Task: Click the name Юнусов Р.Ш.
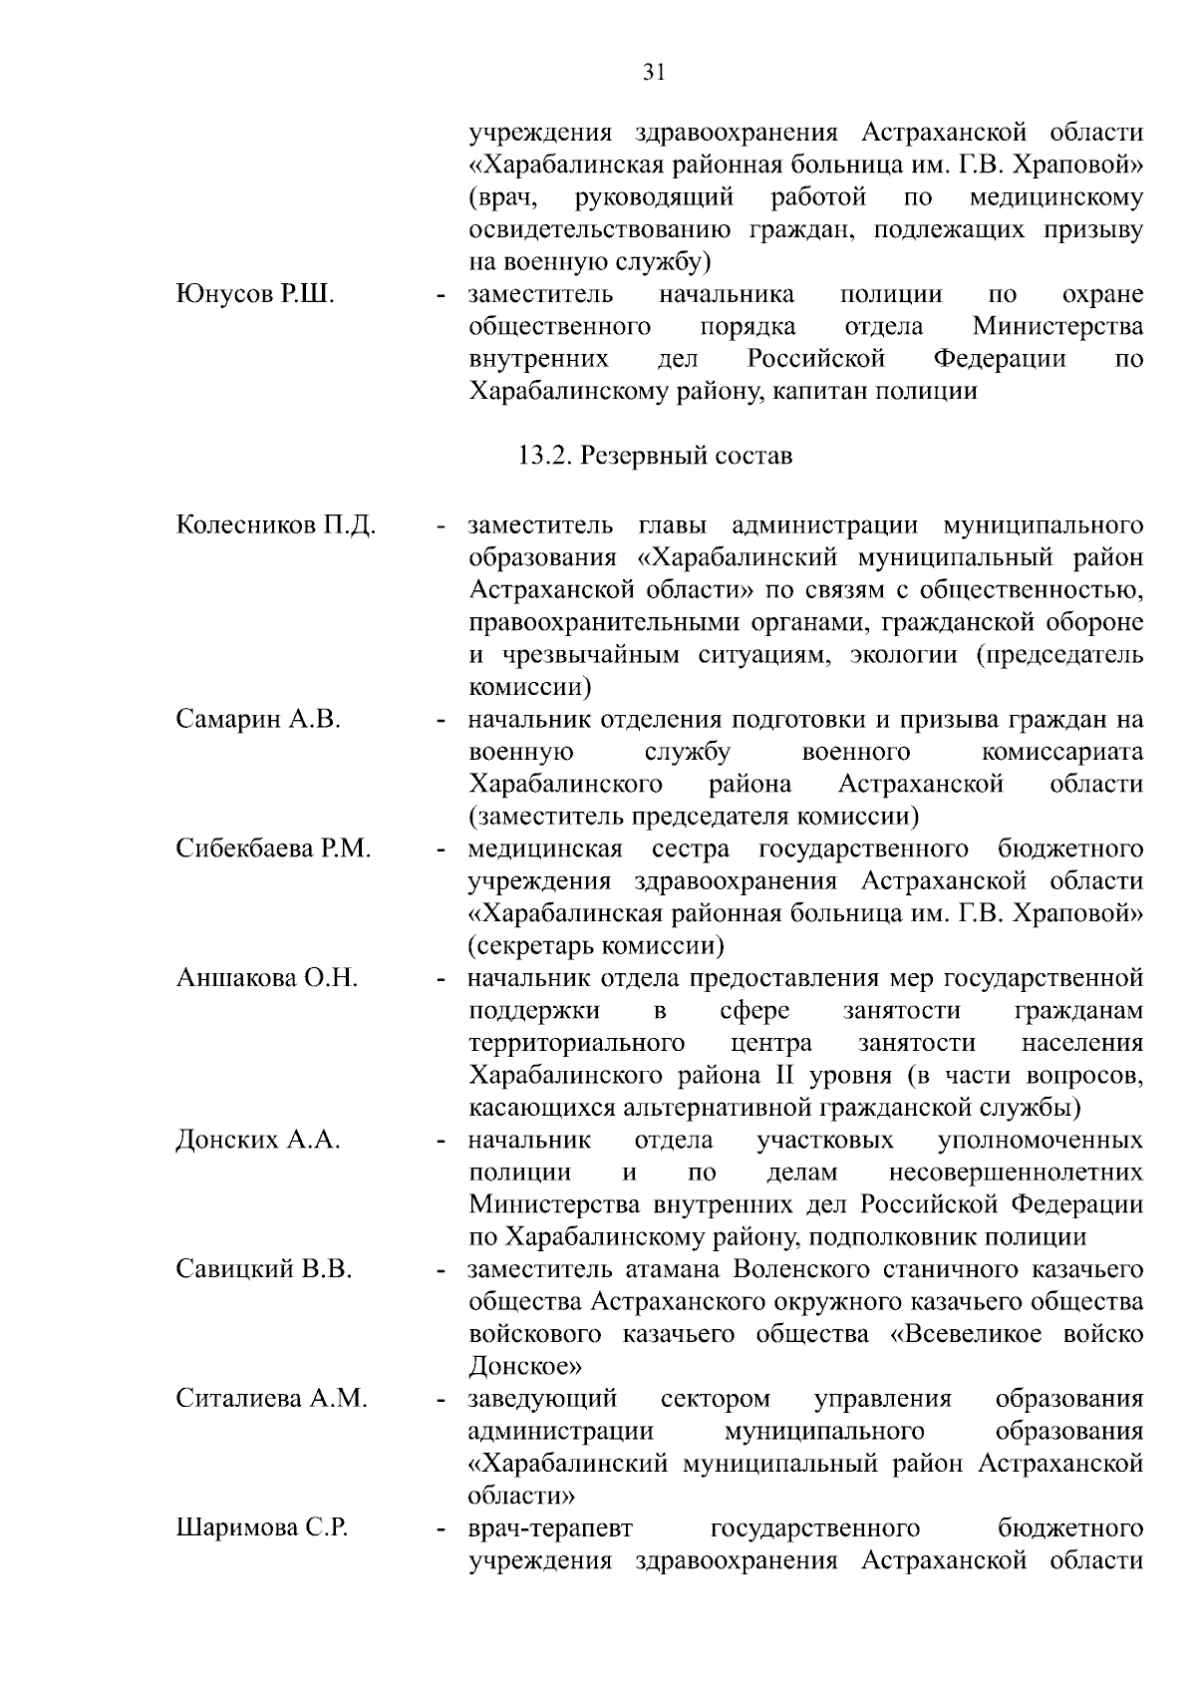(x=255, y=294)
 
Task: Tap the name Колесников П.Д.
(x=276, y=524)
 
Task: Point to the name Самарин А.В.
(x=258, y=719)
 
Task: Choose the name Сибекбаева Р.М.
(x=273, y=848)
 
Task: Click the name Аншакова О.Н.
(x=266, y=977)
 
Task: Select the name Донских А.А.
(x=258, y=1140)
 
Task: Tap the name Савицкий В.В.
(x=264, y=1269)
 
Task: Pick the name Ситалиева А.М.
(x=271, y=1399)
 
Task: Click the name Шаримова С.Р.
(x=262, y=1528)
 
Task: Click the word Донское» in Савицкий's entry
(x=525, y=1366)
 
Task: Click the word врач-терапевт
(x=550, y=1528)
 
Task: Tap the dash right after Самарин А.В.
(x=440, y=720)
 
